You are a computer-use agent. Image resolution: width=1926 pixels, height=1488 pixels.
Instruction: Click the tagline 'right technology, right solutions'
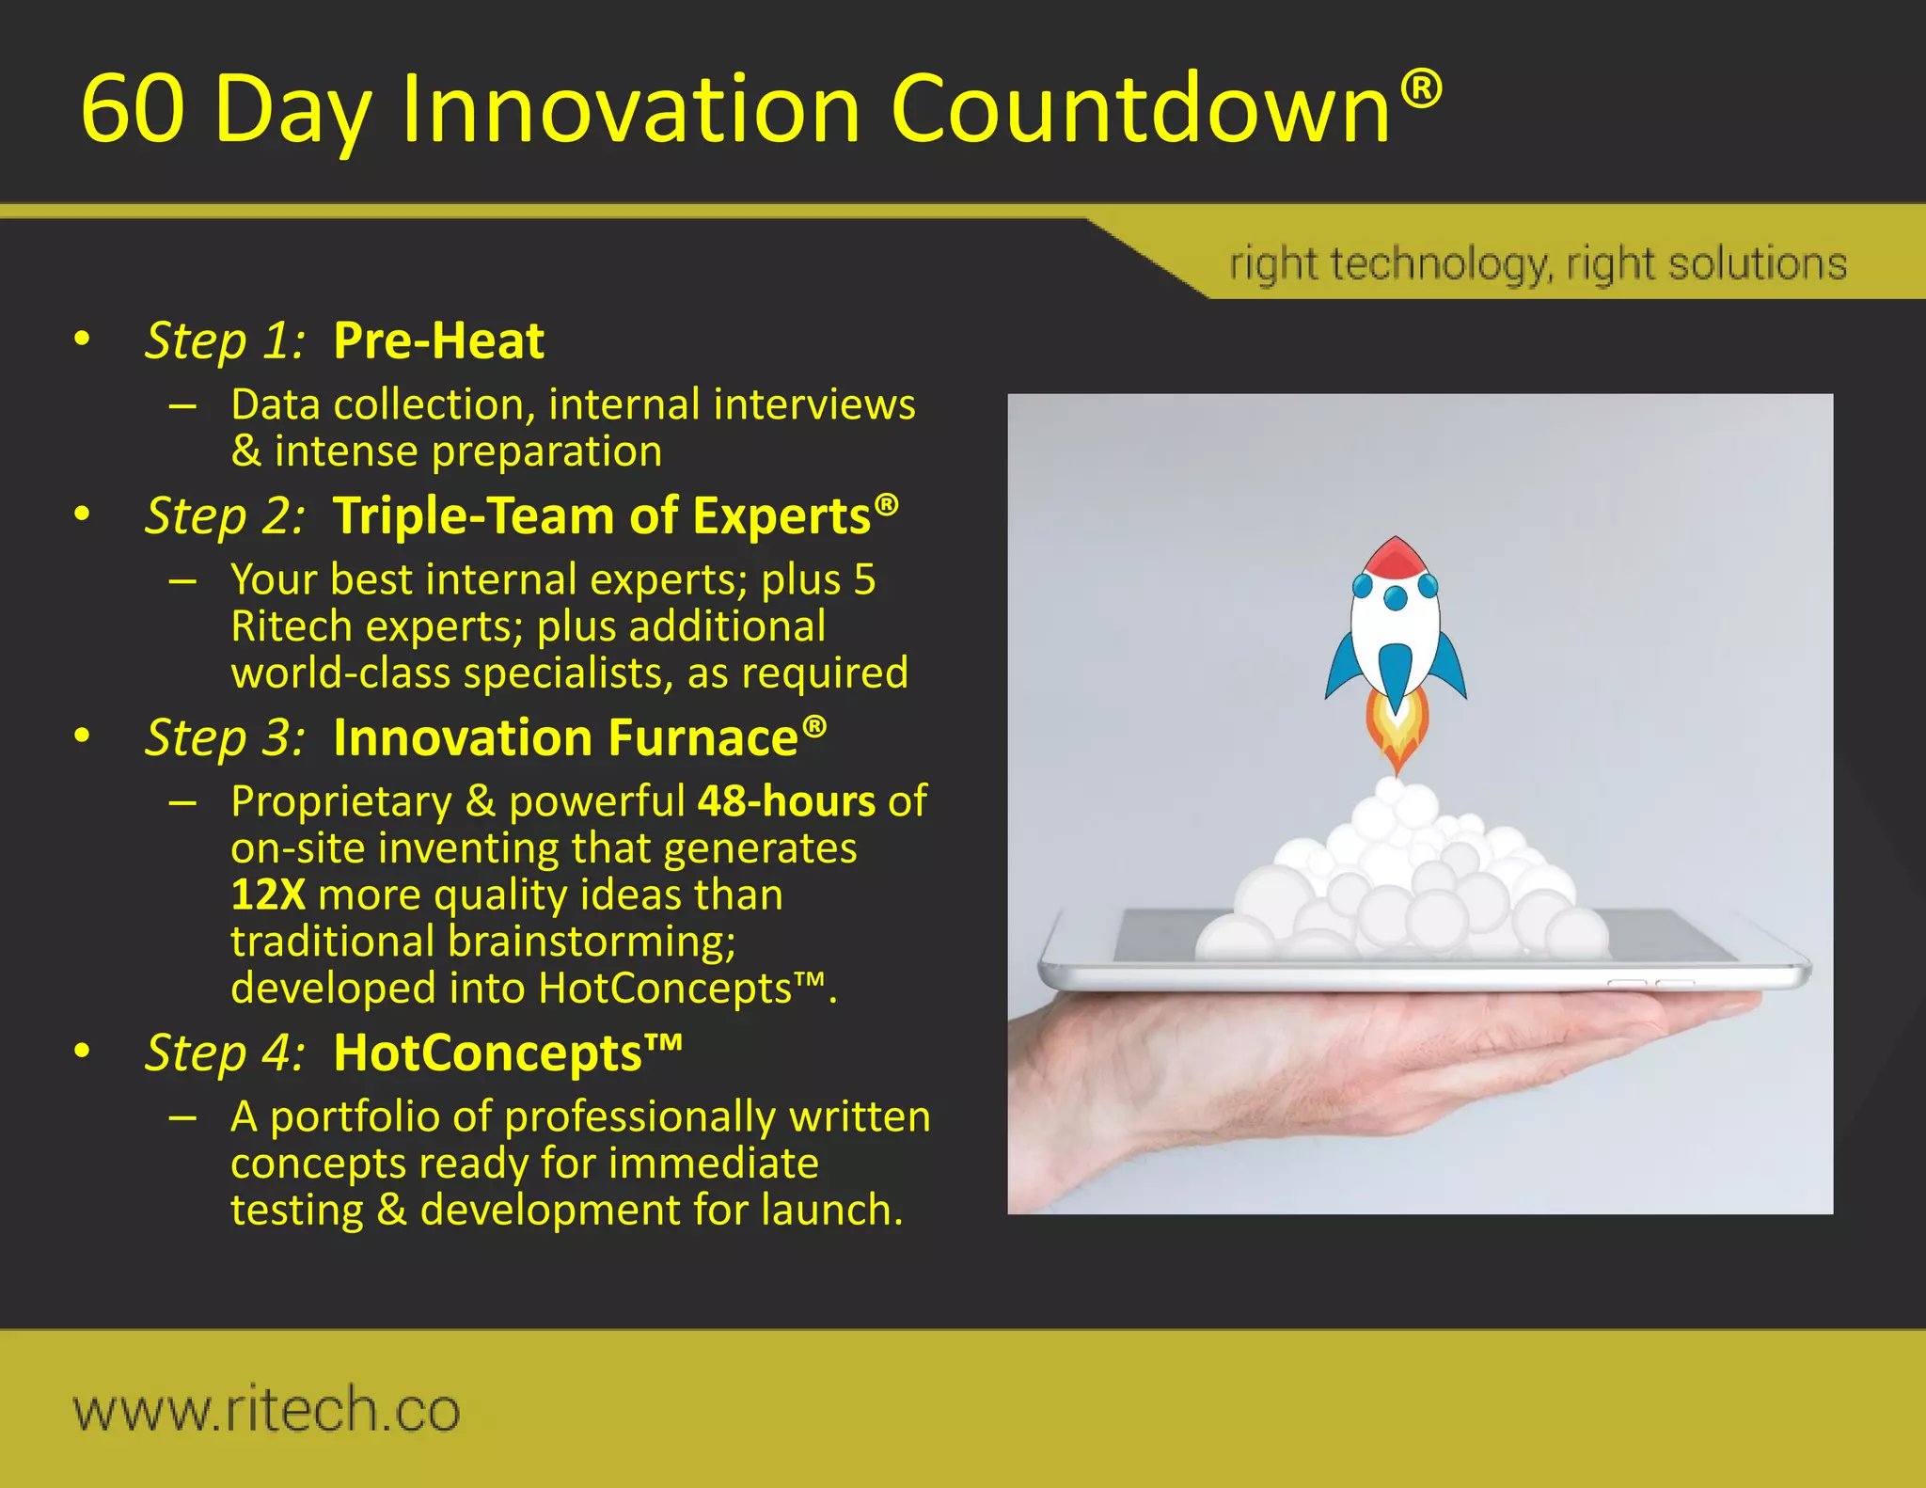point(1538,264)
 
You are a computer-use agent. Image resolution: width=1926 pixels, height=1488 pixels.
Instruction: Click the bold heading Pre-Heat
point(438,340)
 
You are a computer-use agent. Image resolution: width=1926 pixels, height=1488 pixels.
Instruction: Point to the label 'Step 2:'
point(225,516)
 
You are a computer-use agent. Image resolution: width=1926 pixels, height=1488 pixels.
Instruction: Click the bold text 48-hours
point(786,801)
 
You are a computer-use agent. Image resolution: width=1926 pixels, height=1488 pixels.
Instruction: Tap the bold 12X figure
point(268,894)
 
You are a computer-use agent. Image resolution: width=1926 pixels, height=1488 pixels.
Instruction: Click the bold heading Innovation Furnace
point(565,737)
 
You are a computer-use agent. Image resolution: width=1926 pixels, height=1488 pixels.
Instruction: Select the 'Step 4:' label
point(225,1053)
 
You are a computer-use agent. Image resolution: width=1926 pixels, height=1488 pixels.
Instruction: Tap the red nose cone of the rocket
point(1396,558)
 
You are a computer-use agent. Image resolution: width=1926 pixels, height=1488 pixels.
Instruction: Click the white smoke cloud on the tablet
point(1401,884)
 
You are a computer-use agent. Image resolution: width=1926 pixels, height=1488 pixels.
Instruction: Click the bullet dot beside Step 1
point(83,340)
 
